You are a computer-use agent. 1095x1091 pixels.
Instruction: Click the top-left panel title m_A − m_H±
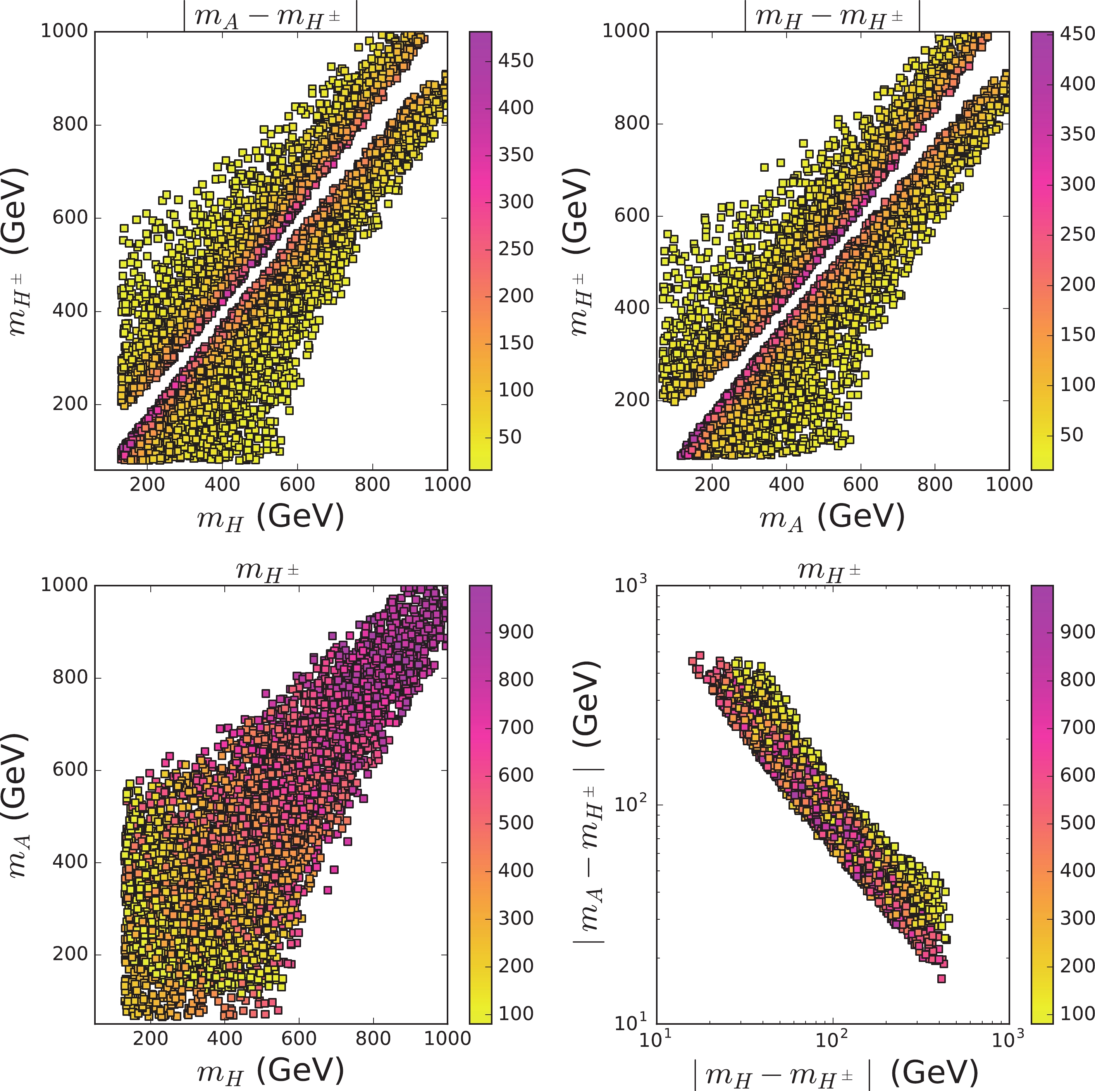pyautogui.click(x=270, y=16)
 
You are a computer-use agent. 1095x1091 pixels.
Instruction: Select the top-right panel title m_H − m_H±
pyautogui.click(x=832, y=16)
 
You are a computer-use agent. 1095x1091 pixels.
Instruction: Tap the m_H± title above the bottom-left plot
pyautogui.click(x=267, y=569)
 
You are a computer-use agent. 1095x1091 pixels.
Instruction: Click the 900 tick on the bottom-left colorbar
pyautogui.click(x=516, y=632)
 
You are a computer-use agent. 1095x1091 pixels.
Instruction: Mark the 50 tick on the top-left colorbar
pyautogui.click(x=510, y=437)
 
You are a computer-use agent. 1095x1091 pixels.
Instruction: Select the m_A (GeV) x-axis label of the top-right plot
pyautogui.click(x=832, y=517)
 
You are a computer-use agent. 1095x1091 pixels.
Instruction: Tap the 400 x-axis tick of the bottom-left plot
pyautogui.click(x=224, y=1038)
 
